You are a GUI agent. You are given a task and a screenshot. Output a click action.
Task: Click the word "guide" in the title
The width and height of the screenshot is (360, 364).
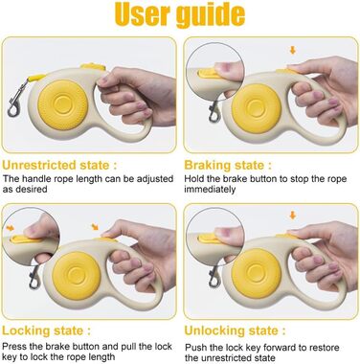(x=211, y=14)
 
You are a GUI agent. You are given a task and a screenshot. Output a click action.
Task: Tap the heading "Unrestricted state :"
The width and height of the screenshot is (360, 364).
(x=59, y=166)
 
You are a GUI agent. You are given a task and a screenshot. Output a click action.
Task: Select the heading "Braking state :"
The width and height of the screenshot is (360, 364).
(x=228, y=166)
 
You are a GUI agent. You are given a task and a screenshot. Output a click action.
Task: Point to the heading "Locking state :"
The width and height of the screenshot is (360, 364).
(x=46, y=330)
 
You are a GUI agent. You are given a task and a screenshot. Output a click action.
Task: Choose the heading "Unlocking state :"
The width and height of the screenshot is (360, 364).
(x=235, y=330)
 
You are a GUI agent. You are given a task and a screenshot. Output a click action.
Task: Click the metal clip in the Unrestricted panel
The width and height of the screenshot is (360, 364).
(x=15, y=100)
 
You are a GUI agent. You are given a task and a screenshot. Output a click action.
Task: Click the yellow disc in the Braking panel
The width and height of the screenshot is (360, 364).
(x=257, y=108)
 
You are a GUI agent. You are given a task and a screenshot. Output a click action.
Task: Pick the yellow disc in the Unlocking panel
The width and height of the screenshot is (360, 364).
(x=257, y=273)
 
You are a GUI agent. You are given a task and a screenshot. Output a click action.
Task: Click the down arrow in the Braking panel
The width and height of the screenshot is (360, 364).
(x=293, y=50)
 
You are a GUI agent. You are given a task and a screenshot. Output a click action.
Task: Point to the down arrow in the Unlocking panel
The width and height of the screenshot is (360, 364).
(x=293, y=216)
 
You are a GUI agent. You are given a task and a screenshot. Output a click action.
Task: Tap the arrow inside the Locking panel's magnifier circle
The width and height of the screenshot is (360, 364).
(x=10, y=228)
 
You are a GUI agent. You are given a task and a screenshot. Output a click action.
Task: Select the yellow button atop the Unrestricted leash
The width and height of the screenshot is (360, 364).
(x=93, y=67)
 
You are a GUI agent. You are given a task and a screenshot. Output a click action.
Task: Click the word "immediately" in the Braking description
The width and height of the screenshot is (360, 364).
(x=210, y=190)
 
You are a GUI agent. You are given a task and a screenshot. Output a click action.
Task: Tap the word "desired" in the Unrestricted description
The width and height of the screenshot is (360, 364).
(x=32, y=189)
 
